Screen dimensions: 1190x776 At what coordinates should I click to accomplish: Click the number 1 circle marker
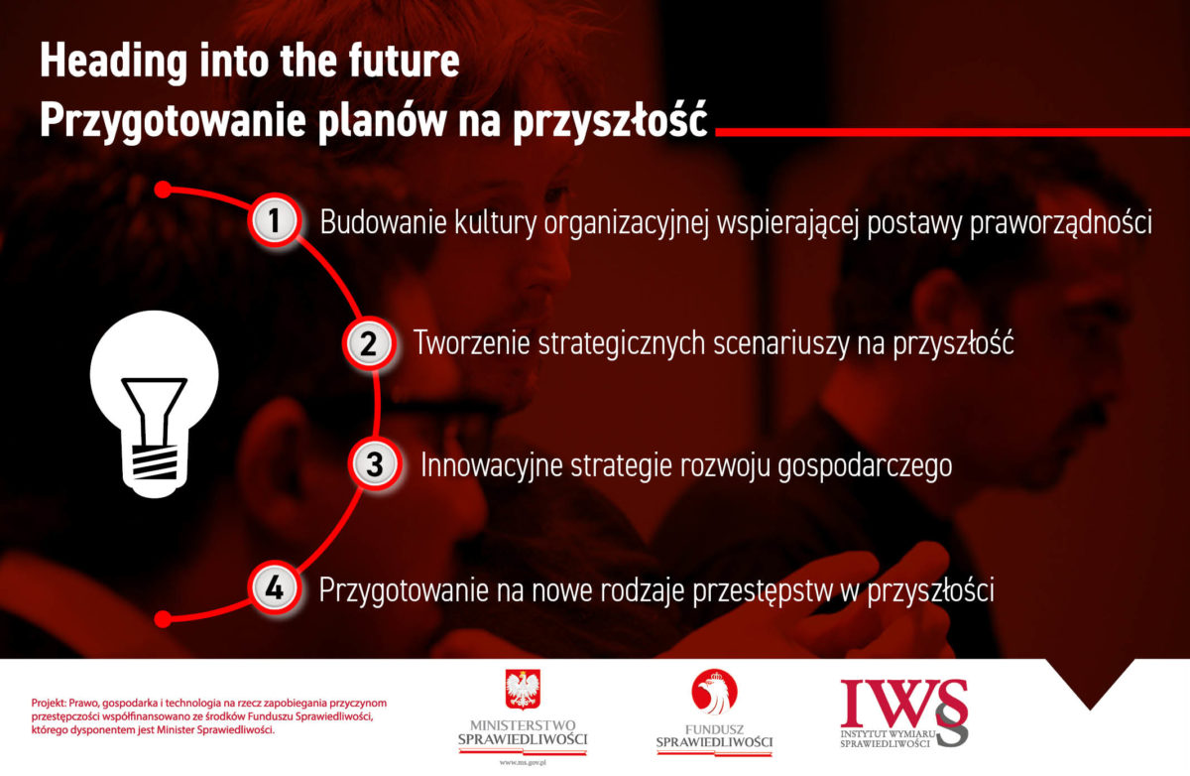pyautogui.click(x=274, y=220)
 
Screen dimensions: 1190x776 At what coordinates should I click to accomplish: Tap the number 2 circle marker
pyautogui.click(x=369, y=343)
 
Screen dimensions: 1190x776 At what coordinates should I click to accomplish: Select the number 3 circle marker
pyautogui.click(x=375, y=464)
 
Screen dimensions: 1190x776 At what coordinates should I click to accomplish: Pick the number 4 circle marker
pyautogui.click(x=274, y=588)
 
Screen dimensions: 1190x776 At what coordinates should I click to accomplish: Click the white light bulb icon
pyautogui.click(x=154, y=404)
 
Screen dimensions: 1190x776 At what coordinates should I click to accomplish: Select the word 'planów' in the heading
pyautogui.click(x=383, y=122)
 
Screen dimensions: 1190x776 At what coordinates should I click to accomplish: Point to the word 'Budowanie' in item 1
pyautogui.click(x=383, y=221)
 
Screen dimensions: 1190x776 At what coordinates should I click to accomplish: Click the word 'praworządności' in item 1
pyautogui.click(x=1061, y=223)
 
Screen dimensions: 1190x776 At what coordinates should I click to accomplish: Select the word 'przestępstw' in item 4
pyautogui.click(x=762, y=591)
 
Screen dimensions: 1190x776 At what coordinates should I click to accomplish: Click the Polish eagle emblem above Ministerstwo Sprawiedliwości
pyautogui.click(x=523, y=690)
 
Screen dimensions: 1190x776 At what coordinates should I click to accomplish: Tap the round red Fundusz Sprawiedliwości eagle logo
pyautogui.click(x=714, y=692)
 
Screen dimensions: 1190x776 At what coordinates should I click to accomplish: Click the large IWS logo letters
pyautogui.click(x=903, y=707)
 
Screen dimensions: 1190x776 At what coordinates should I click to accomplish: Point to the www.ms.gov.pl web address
pyautogui.click(x=523, y=763)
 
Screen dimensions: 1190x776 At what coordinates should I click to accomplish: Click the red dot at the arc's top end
pyautogui.click(x=163, y=190)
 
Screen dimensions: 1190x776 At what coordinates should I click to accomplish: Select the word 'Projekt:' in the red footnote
pyautogui.click(x=49, y=704)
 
